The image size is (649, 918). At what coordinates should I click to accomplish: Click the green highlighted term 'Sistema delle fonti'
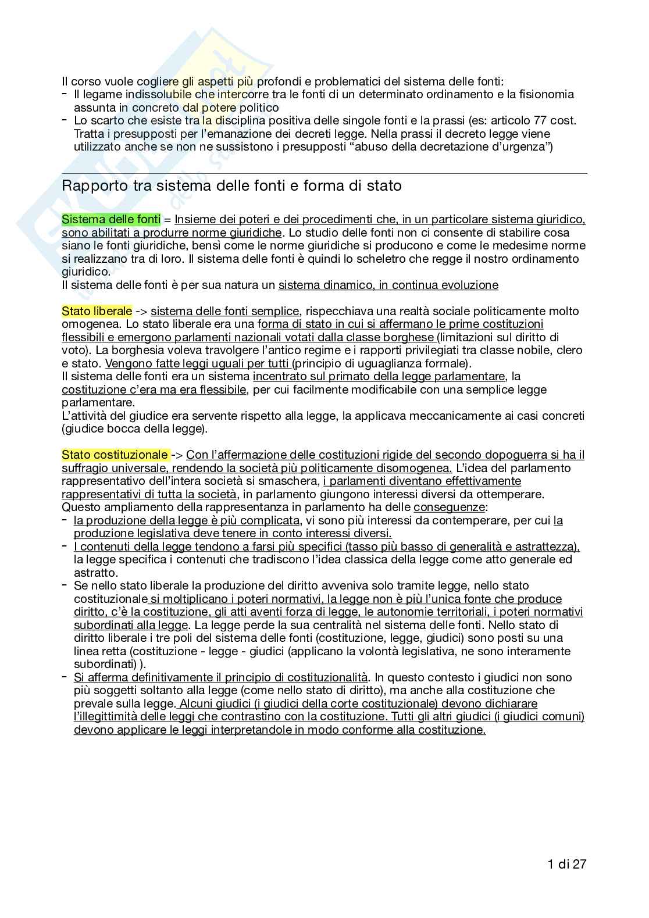click(110, 219)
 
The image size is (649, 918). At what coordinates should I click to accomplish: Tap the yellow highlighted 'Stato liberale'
click(97, 311)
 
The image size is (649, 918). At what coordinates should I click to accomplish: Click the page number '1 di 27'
click(566, 864)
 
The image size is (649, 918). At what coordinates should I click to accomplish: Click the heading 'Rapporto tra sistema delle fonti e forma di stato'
click(231, 186)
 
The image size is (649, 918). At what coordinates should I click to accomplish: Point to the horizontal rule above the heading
click(324, 173)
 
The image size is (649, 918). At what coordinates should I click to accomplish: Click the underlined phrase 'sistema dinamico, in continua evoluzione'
click(388, 285)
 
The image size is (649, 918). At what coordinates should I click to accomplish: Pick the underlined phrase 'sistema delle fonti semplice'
click(224, 311)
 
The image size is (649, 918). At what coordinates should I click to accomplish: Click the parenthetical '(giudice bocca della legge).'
click(134, 429)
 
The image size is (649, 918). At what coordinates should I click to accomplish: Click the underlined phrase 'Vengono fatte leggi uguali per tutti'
click(197, 363)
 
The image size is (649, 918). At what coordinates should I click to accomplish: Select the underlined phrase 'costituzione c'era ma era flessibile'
click(154, 390)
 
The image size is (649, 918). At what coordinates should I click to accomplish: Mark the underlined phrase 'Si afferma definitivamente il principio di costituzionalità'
click(220, 677)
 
